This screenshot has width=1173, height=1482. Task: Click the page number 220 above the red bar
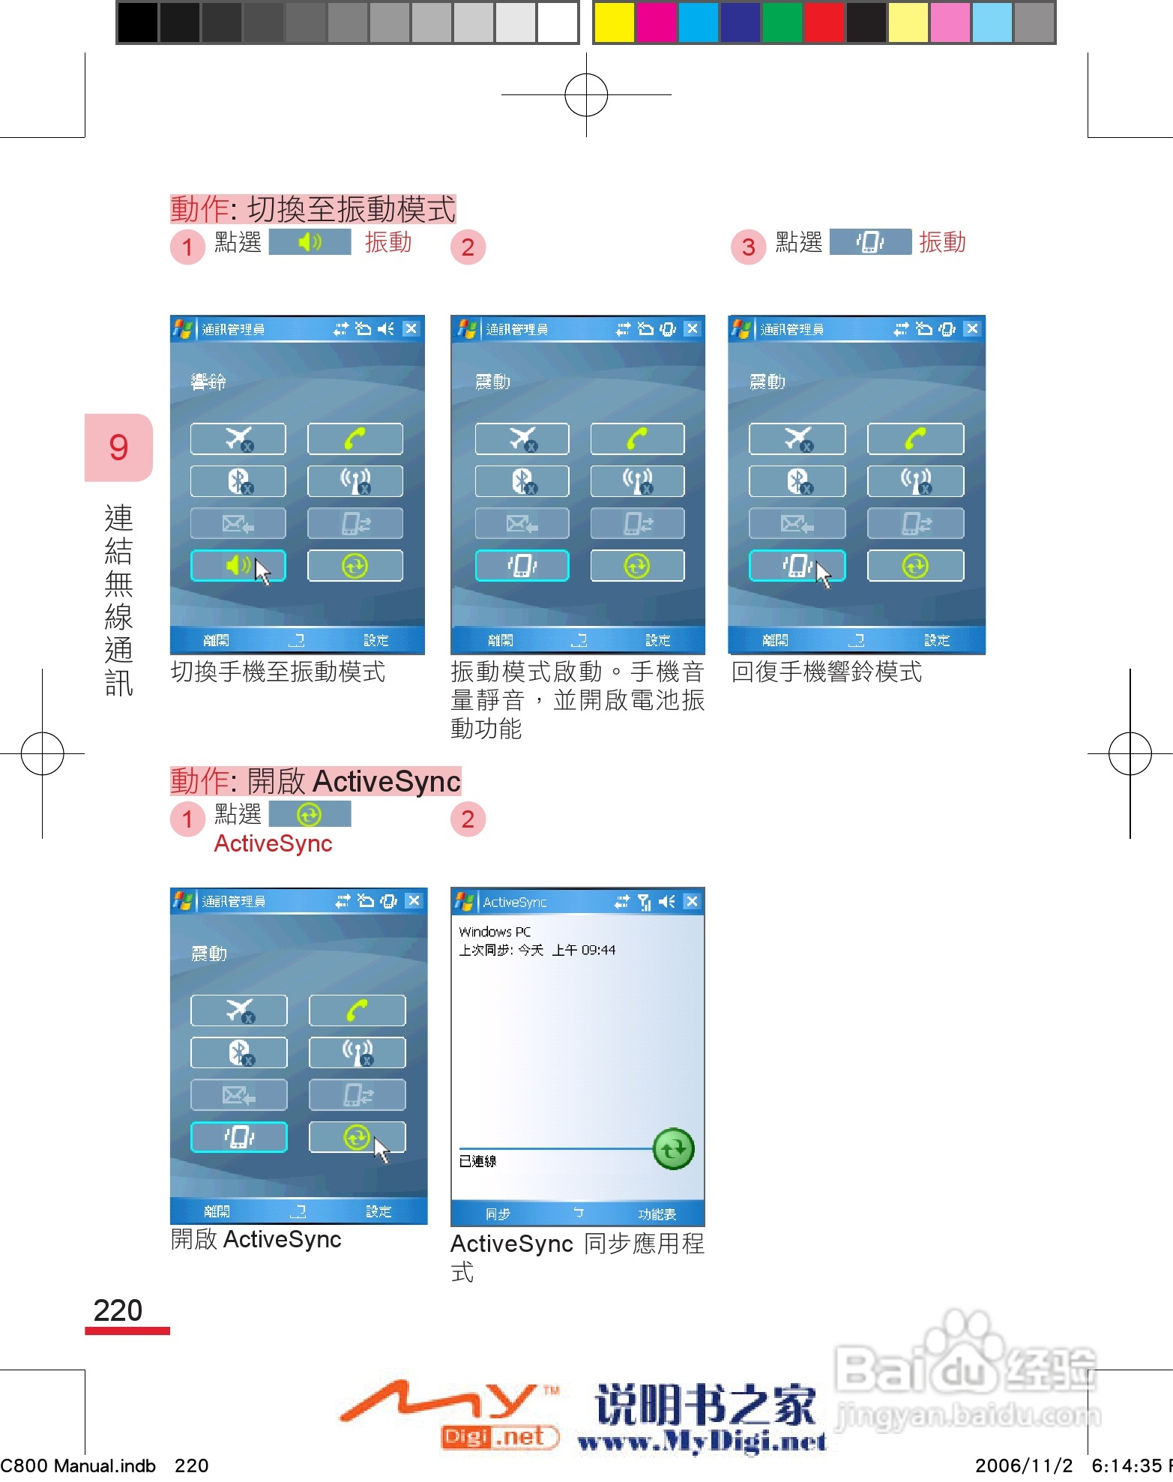[118, 1310]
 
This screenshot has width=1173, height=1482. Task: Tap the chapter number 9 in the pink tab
[118, 448]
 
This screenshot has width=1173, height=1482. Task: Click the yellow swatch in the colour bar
[614, 22]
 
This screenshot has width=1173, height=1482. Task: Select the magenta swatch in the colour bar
[656, 22]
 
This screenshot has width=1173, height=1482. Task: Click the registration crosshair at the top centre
[586, 95]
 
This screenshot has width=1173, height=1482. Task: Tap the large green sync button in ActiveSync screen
[673, 1148]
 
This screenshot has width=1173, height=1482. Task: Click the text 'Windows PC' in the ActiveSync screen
[495, 932]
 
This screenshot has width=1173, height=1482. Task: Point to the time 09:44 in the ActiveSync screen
[598, 951]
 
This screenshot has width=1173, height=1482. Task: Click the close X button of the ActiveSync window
[692, 901]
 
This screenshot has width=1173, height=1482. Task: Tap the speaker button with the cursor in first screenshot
[238, 566]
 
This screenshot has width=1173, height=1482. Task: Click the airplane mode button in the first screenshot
[238, 439]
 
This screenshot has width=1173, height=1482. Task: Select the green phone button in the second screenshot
[637, 439]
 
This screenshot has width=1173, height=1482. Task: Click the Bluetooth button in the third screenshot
[797, 481]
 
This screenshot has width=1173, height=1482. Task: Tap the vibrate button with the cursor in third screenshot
[797, 566]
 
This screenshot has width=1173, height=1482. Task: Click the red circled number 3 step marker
[748, 247]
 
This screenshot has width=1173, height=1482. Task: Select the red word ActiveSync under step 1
[273, 844]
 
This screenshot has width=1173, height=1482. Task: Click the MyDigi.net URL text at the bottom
[702, 1441]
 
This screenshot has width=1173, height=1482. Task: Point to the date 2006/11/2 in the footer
[1024, 1466]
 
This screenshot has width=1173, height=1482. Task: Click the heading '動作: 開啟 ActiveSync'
[315, 781]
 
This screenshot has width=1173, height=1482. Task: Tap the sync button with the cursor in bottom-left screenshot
[357, 1137]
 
